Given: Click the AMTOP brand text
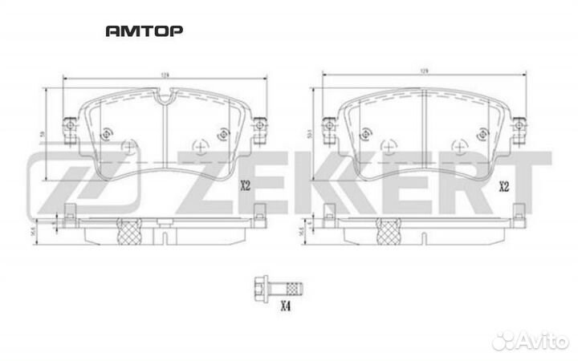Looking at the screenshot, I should (144, 31).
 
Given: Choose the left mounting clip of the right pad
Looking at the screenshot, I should (328, 127).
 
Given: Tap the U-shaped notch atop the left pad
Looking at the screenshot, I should (164, 101).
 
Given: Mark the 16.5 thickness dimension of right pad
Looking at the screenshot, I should (310, 230).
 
